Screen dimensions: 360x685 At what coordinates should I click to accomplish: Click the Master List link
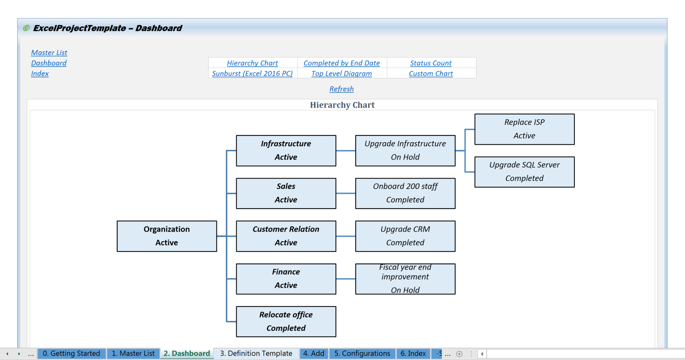click(49, 53)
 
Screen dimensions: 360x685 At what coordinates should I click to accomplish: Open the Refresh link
click(341, 89)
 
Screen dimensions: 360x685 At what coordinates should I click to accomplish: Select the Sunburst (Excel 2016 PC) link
click(252, 73)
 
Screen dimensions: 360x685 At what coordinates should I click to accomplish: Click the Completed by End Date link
click(342, 63)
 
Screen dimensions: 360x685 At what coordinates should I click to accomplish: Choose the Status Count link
click(431, 63)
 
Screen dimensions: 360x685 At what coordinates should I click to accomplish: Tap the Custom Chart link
click(431, 73)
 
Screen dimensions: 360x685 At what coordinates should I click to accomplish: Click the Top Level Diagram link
click(342, 73)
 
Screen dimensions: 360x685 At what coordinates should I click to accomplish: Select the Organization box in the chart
click(167, 236)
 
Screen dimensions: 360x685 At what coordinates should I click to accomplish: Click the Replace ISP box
click(524, 129)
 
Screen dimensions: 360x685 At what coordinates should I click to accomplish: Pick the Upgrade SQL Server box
click(524, 172)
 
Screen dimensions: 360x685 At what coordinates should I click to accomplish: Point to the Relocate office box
click(286, 321)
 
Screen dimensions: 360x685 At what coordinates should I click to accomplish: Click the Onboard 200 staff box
click(405, 193)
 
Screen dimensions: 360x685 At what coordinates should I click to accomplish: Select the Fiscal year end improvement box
click(405, 279)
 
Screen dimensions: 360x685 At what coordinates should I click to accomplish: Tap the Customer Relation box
click(286, 236)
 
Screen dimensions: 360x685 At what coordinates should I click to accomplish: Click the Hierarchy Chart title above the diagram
click(342, 105)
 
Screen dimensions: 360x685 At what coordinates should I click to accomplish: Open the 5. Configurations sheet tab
click(362, 353)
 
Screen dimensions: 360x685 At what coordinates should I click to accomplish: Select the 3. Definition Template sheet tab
click(256, 353)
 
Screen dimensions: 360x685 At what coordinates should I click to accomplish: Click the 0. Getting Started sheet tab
click(71, 353)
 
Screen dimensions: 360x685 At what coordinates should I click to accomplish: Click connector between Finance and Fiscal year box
click(346, 279)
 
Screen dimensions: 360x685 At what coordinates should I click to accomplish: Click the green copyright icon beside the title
click(26, 28)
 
